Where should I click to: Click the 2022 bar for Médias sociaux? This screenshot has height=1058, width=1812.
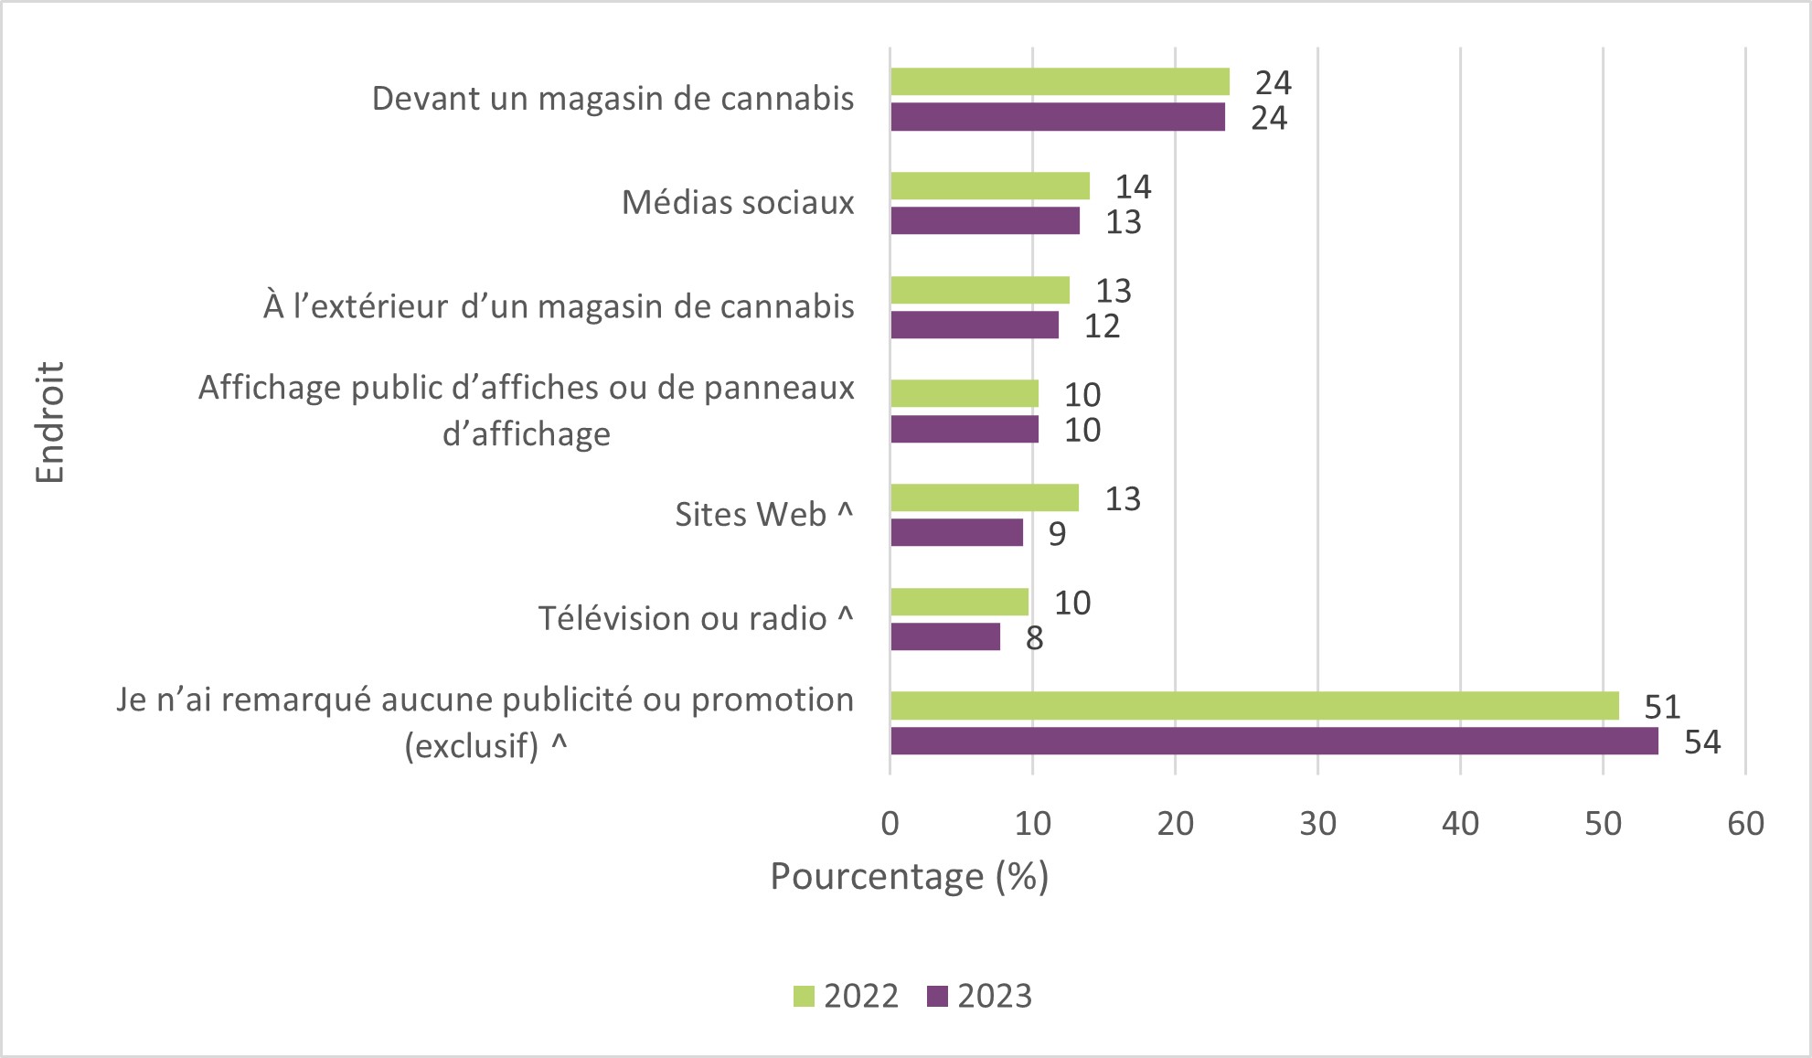(990, 186)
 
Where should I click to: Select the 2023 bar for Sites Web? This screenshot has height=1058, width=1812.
(957, 532)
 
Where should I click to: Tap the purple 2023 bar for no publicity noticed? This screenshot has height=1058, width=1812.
(1274, 741)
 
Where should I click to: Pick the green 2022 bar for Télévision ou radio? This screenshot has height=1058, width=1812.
(960, 602)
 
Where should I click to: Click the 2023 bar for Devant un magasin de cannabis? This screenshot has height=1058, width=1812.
(1058, 117)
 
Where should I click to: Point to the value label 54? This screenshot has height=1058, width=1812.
(1702, 742)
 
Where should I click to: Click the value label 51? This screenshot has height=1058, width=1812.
(1662, 707)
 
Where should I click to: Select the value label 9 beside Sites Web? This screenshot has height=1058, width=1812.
(1057, 534)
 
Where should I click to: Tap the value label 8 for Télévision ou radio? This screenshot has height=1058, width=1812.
(1034, 638)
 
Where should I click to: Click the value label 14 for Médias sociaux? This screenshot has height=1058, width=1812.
(1133, 187)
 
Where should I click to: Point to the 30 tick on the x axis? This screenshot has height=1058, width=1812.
(1317, 824)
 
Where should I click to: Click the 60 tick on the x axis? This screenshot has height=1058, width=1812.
(1745, 824)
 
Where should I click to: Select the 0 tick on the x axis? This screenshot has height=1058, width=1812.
(890, 824)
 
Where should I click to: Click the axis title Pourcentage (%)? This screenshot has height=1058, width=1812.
(909, 876)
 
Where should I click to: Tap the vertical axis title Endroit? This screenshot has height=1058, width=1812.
(50, 422)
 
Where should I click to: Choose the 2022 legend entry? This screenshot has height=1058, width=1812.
(847, 996)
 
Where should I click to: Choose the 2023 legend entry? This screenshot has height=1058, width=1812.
(980, 996)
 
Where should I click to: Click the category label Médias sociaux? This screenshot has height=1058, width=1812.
(738, 202)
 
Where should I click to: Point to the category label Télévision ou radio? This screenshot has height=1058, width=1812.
(695, 619)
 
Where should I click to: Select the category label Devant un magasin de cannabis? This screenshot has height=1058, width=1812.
(613, 99)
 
